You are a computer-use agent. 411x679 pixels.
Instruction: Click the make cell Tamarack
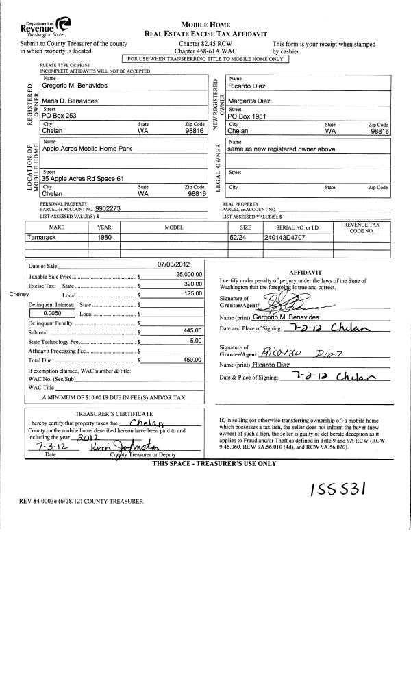(45, 237)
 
